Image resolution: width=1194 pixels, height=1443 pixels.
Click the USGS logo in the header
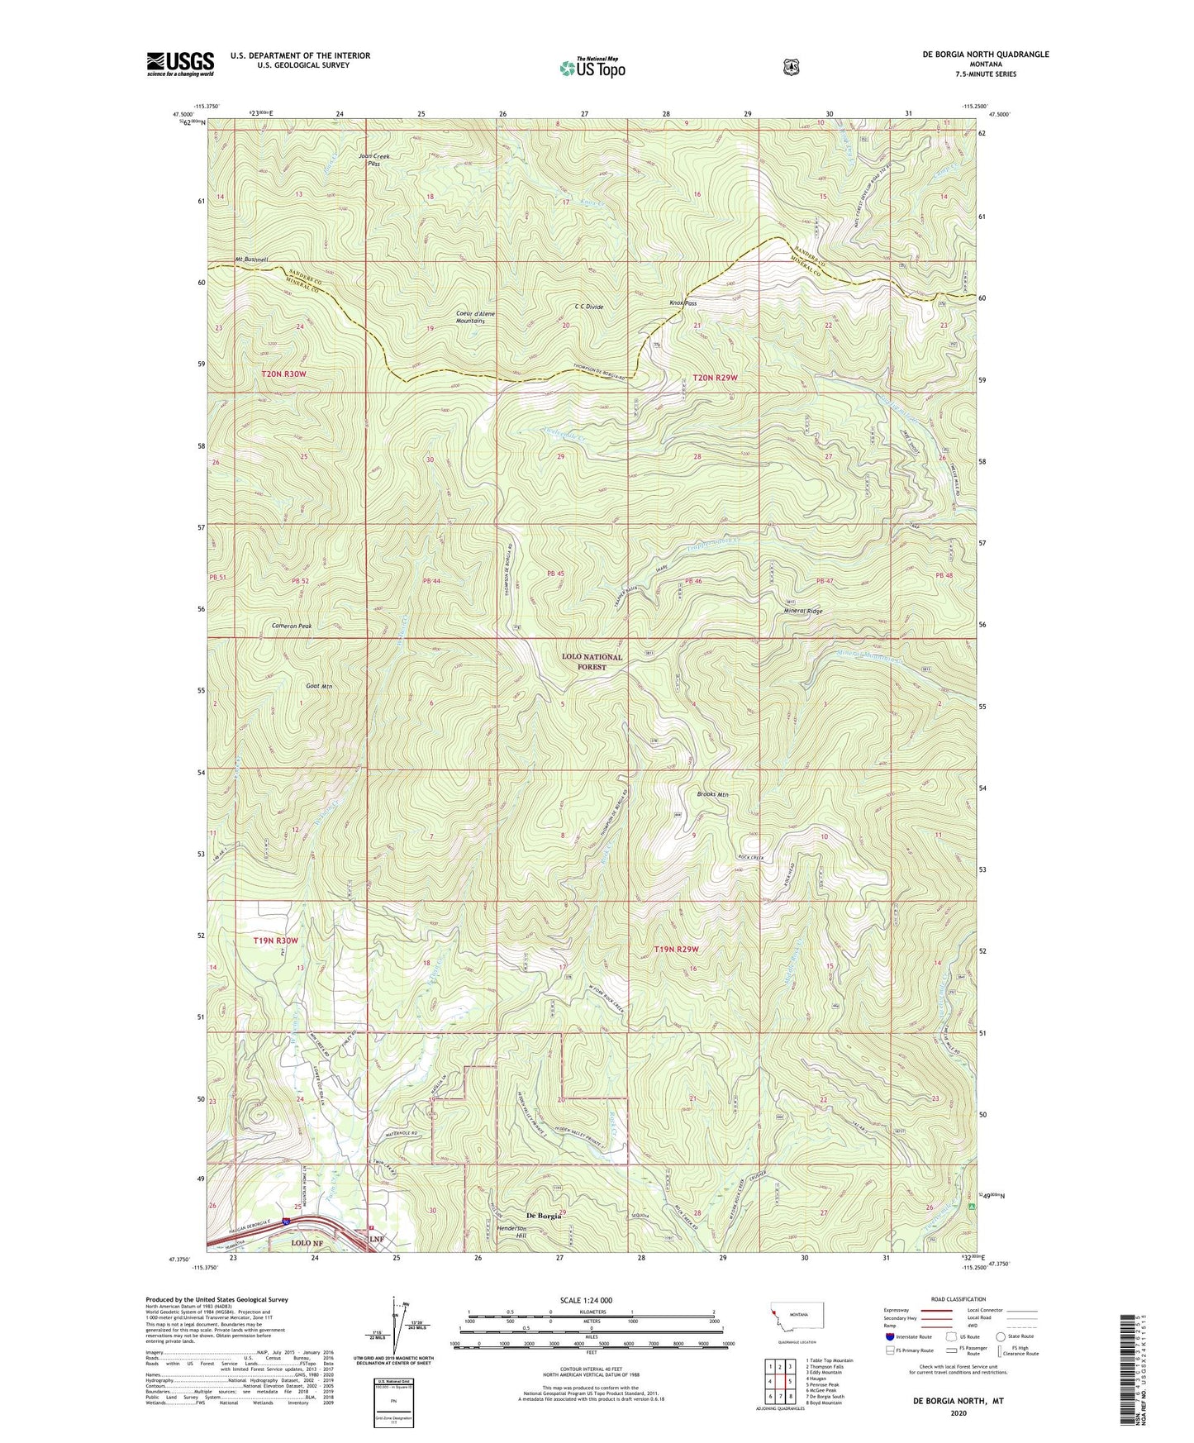(180, 64)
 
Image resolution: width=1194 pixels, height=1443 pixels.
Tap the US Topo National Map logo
(592, 68)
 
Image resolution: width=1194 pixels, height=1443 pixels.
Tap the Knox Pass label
(683, 303)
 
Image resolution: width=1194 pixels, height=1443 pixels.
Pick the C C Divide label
(588, 307)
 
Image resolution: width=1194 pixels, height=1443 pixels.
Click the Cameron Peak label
(292, 626)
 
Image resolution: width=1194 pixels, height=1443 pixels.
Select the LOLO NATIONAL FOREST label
(592, 661)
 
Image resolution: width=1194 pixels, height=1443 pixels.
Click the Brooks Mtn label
(711, 794)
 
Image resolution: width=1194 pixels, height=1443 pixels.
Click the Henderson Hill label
(517, 1232)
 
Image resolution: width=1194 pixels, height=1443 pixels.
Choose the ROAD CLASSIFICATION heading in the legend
(958, 1300)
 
